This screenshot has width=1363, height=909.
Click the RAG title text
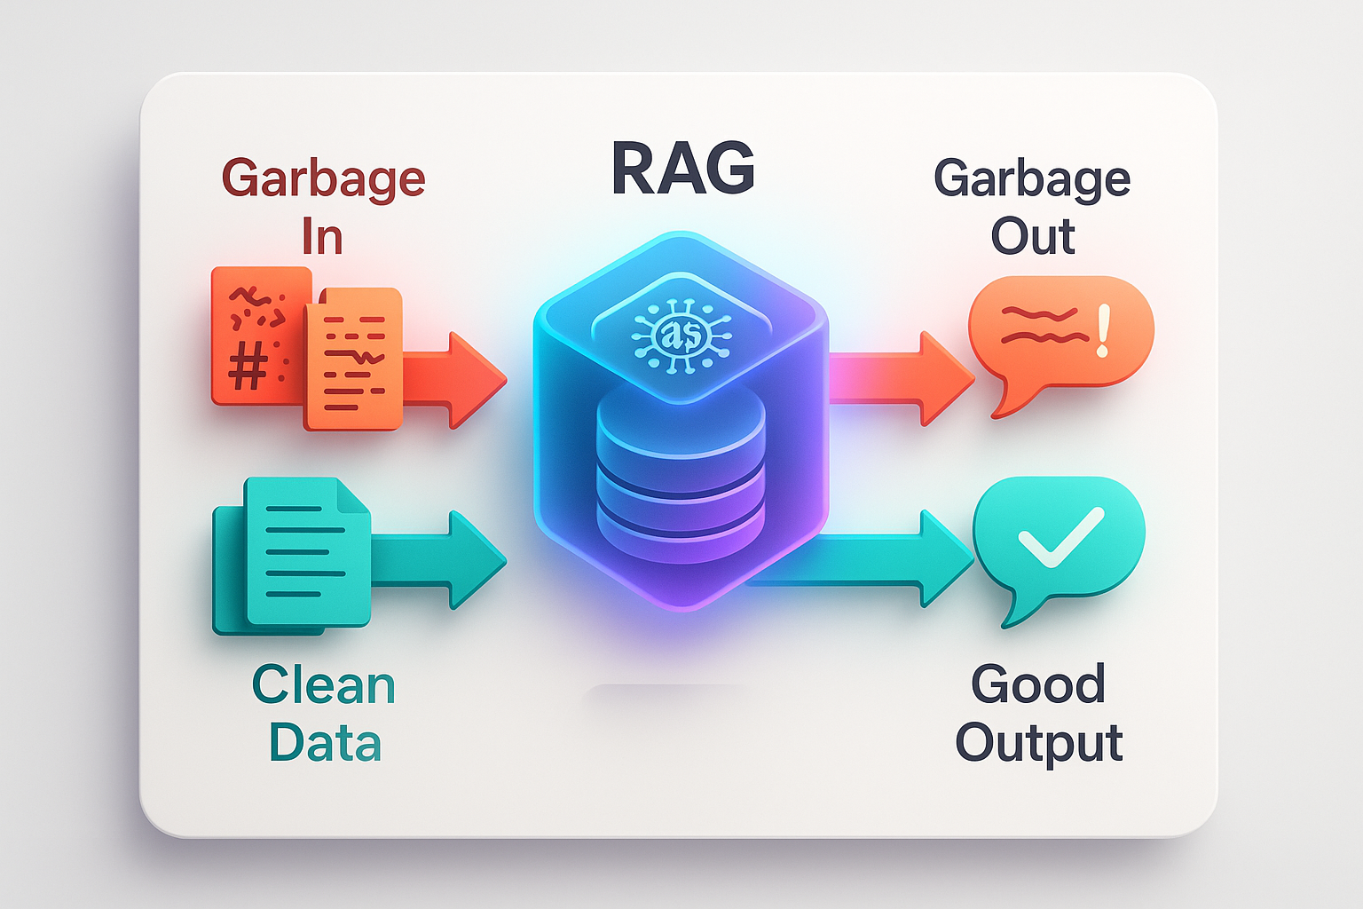pos(682,169)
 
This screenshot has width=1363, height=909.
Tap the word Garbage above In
pos(323,179)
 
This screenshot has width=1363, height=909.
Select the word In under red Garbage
pos(321,237)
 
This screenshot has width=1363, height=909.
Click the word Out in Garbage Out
pos(1032,237)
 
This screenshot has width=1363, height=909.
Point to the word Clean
pos(323,686)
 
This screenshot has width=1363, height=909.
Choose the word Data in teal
pos(325,743)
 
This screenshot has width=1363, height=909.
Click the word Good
pos(1038,684)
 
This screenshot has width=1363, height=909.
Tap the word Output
pos(1038,743)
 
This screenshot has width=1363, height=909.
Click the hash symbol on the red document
pos(248,366)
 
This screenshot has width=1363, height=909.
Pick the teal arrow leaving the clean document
pos(444,559)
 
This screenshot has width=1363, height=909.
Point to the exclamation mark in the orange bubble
pos(1103,331)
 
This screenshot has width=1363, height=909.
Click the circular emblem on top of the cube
pos(681,335)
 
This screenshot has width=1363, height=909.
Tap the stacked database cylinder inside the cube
pos(681,475)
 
